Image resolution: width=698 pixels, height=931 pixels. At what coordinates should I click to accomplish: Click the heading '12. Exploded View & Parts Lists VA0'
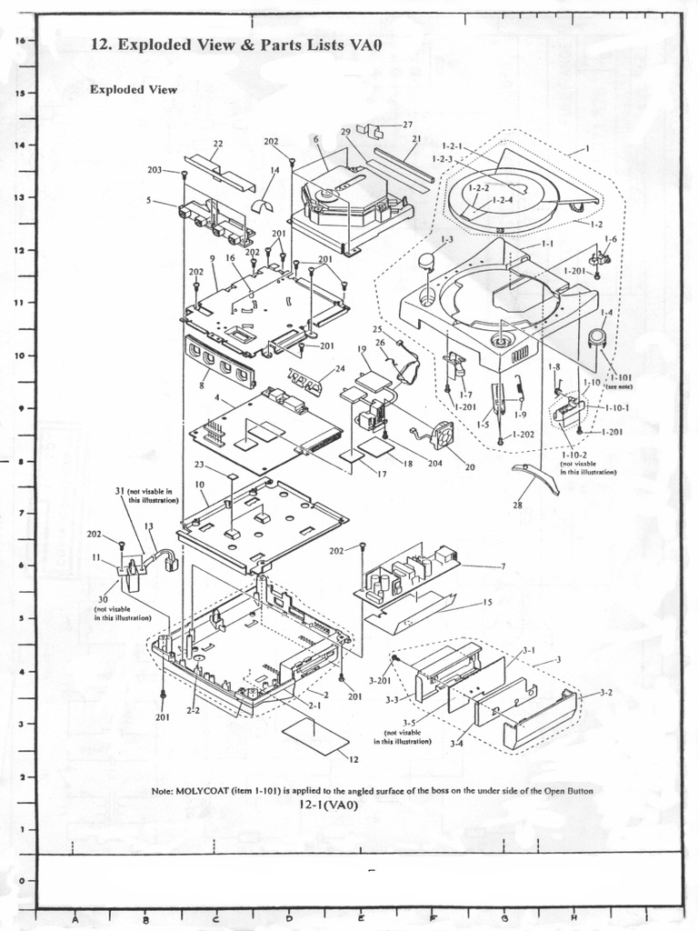[235, 45]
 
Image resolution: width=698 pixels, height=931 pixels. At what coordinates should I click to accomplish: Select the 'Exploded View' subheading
[133, 90]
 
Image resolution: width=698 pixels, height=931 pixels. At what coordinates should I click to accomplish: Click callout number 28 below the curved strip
[518, 505]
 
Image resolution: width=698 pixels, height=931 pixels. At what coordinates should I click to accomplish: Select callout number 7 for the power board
[502, 566]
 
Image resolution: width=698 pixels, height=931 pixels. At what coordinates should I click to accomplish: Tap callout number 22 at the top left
[218, 144]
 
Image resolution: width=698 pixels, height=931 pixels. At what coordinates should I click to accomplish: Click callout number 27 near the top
[407, 125]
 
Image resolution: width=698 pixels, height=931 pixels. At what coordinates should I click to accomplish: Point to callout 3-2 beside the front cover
[605, 693]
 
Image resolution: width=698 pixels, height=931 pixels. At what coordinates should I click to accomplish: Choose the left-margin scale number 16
[20, 41]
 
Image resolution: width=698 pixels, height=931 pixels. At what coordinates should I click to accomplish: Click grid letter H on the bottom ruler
[574, 919]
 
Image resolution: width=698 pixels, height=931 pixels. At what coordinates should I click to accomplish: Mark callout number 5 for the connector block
[149, 200]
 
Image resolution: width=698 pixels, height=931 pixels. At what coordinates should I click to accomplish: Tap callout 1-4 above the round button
[605, 313]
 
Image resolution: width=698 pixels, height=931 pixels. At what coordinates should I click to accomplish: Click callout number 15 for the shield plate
[487, 602]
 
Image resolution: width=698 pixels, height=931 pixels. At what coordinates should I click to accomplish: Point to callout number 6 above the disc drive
[316, 139]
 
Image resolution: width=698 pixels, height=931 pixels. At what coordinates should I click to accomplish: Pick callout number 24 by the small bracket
[340, 368]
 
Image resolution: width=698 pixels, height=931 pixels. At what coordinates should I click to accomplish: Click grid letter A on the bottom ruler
[74, 919]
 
